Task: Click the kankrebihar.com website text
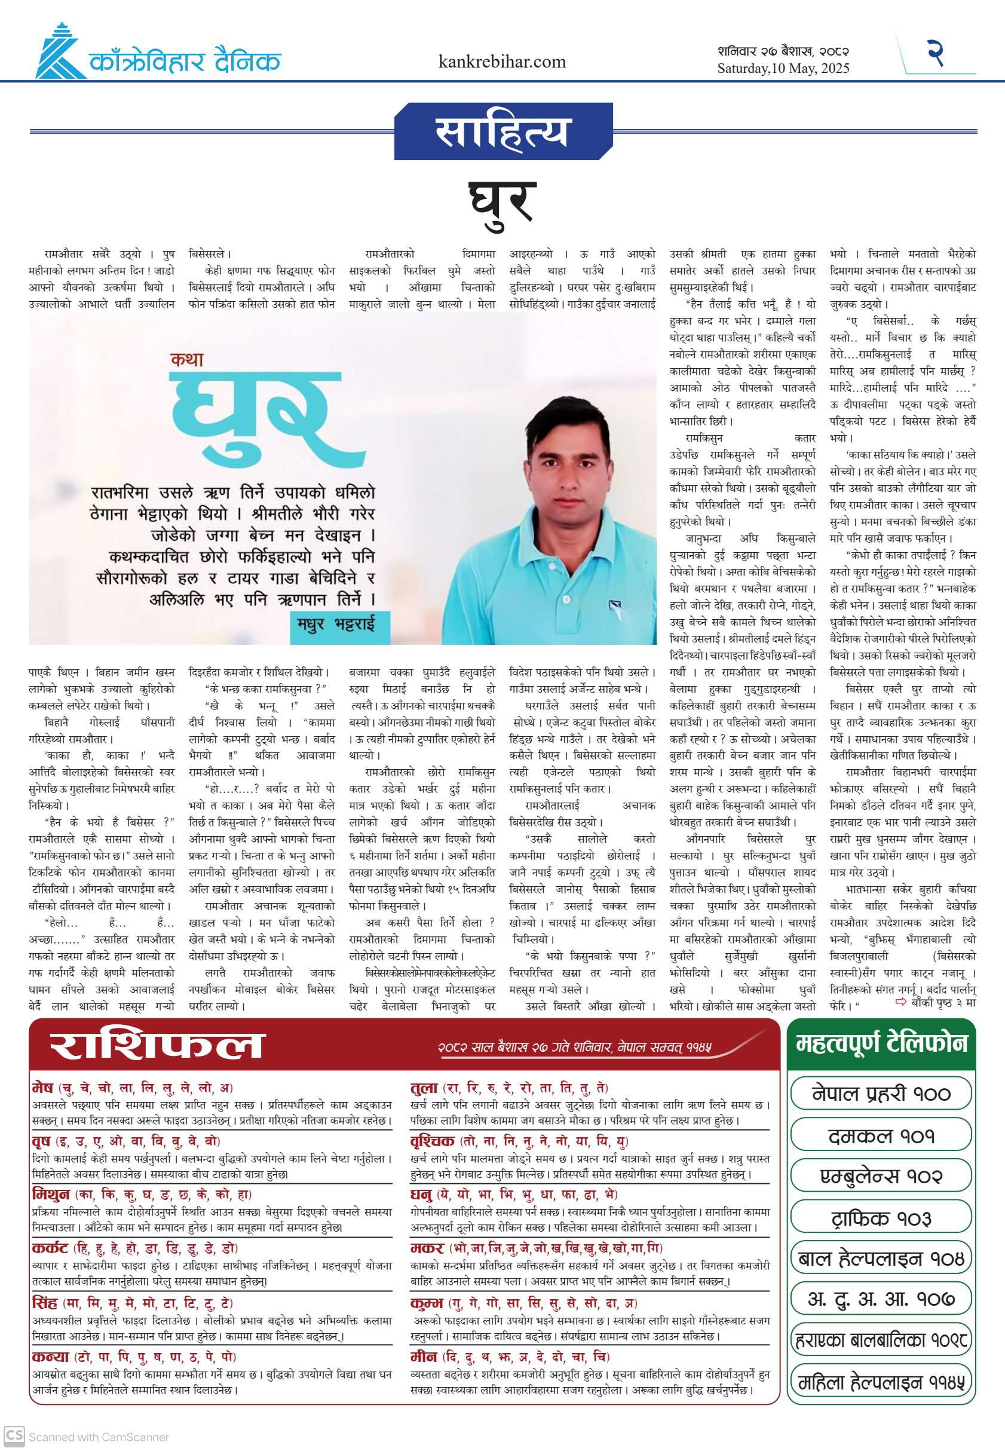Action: [x=502, y=62]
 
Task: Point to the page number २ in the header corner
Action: [x=935, y=53]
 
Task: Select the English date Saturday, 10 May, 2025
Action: [x=783, y=68]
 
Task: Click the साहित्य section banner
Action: [x=502, y=131]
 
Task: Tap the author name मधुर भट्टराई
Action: [x=336, y=624]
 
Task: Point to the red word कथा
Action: [x=187, y=360]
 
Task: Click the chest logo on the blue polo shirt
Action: [x=615, y=606]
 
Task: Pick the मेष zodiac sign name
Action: [x=43, y=1088]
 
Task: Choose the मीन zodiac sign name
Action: [x=423, y=1357]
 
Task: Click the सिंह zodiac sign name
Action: [x=45, y=1303]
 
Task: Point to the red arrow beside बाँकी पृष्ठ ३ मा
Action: [x=900, y=1002]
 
